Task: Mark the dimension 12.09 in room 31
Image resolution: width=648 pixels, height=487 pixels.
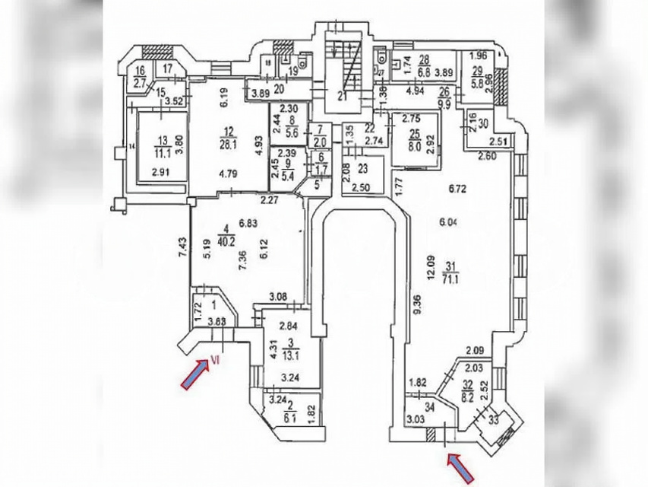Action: tap(431, 264)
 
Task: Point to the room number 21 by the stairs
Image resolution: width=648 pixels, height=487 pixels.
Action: tap(343, 96)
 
